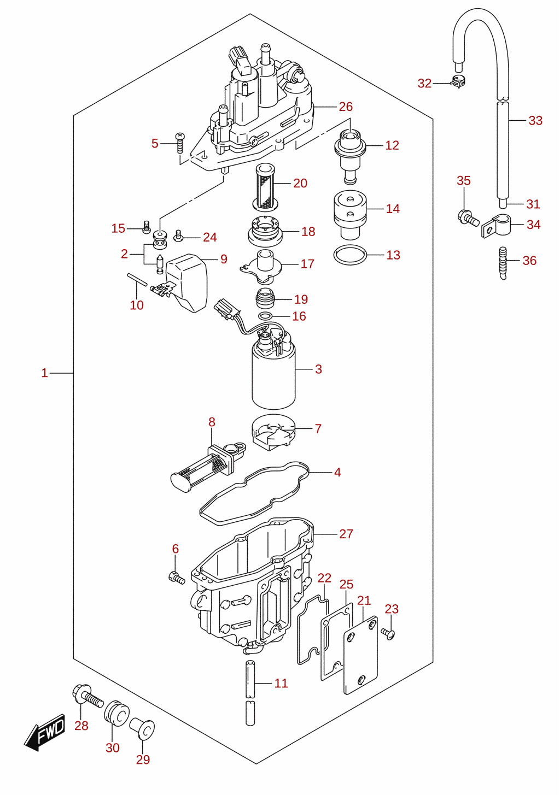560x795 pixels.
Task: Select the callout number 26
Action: click(x=346, y=107)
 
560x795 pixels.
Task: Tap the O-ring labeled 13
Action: click(x=350, y=255)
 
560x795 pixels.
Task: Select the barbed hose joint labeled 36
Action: click(x=503, y=263)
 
